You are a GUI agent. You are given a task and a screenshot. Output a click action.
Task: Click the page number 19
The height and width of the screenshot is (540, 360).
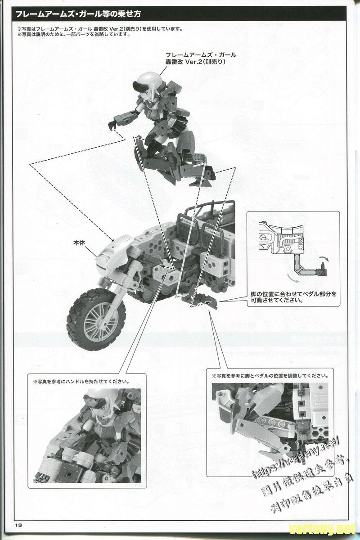tap(18, 525)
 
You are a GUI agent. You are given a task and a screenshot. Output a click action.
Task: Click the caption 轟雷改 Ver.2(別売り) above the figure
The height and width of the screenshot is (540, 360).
tap(201, 62)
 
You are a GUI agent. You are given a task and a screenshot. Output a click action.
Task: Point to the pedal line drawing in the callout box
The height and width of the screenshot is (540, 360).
tap(288, 252)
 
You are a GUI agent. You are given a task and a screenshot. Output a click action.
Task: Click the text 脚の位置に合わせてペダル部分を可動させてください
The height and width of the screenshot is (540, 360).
tap(293, 297)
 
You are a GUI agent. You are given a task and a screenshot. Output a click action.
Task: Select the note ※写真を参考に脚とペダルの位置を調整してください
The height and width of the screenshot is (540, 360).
tap(270, 375)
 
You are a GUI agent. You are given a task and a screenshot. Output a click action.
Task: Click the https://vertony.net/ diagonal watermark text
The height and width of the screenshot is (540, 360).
tap(295, 454)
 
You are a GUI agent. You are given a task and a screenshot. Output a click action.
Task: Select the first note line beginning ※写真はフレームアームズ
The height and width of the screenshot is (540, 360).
tap(99, 29)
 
